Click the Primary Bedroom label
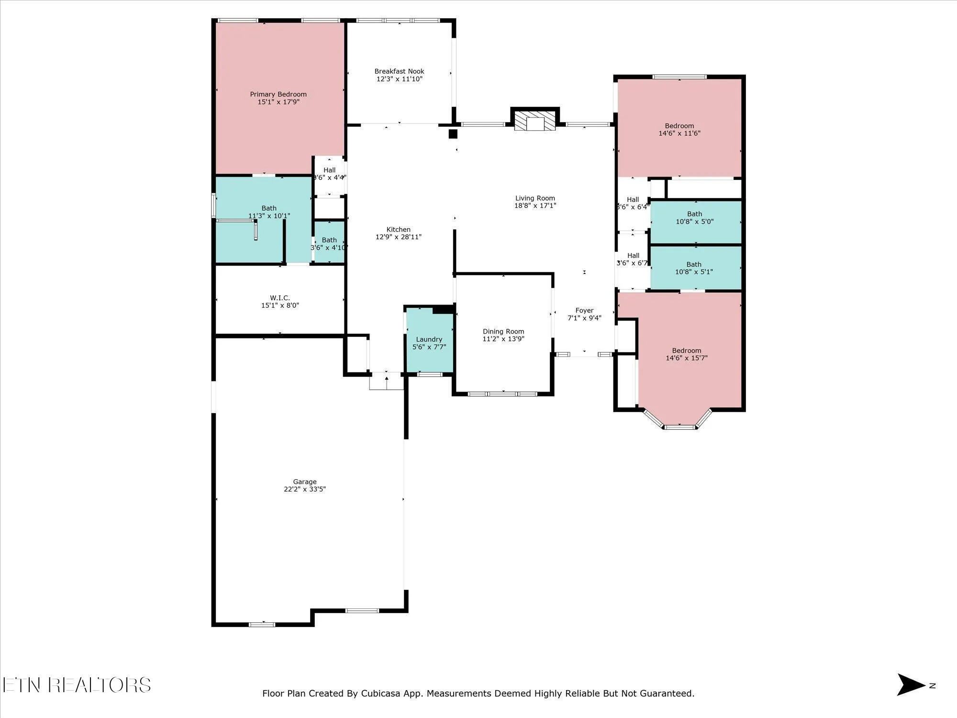pyautogui.click(x=278, y=94)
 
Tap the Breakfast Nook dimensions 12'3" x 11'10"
pyautogui.click(x=399, y=79)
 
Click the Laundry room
pyautogui.click(x=429, y=343)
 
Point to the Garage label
pyautogui.click(x=305, y=482)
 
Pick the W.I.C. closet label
pyautogui.click(x=280, y=298)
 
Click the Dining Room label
pyautogui.click(x=503, y=331)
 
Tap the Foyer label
pyautogui.click(x=584, y=311)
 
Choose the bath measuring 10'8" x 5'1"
pyautogui.click(x=694, y=268)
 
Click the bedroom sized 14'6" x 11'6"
pyautogui.click(x=679, y=129)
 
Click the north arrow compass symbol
pyautogui.click(x=911, y=685)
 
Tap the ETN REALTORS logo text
pyautogui.click(x=77, y=685)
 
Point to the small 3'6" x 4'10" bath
pyautogui.click(x=329, y=243)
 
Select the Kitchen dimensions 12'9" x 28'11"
pyautogui.click(x=399, y=237)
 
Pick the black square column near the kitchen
pyautogui.click(x=453, y=134)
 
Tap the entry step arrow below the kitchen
pyautogui.click(x=387, y=381)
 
